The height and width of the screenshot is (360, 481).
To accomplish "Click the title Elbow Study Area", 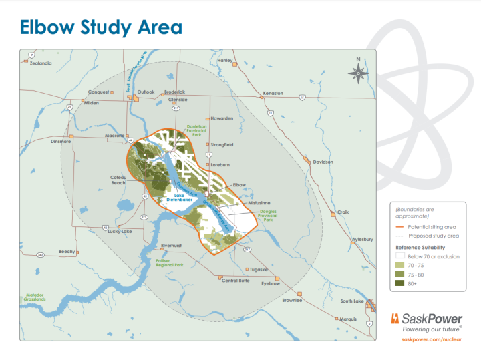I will point(101,27).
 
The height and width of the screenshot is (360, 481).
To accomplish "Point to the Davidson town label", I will point(323,162).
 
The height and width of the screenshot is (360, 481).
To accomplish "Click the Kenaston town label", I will point(273,93).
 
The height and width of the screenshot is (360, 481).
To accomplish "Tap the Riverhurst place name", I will point(172,245).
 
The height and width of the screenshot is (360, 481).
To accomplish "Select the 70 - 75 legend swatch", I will point(400,265).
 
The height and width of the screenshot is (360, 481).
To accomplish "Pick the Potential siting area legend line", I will point(399,227).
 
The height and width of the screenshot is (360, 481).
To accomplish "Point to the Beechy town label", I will point(67,251).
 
